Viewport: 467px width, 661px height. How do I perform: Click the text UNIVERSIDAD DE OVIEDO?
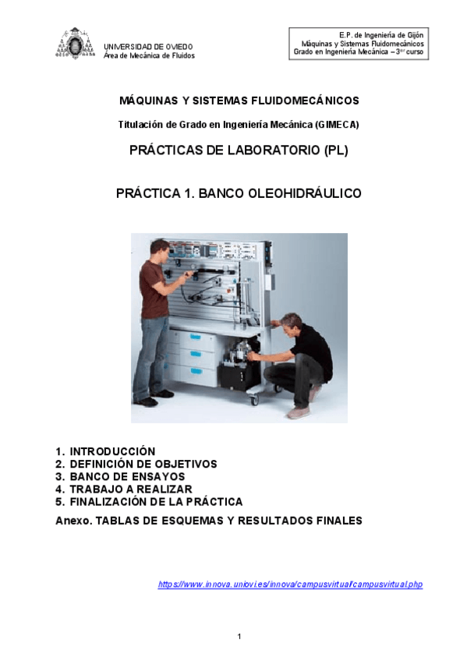click(148, 47)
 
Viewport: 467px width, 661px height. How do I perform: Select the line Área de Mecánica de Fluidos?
click(149, 56)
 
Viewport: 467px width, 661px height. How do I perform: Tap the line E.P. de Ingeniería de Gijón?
click(381, 36)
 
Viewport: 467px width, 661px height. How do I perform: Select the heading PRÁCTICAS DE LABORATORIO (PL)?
click(239, 151)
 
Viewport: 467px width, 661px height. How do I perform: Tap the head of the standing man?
click(159, 249)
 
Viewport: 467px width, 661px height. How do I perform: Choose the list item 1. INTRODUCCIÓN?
click(105, 451)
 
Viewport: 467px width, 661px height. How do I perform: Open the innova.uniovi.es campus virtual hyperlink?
click(290, 584)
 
